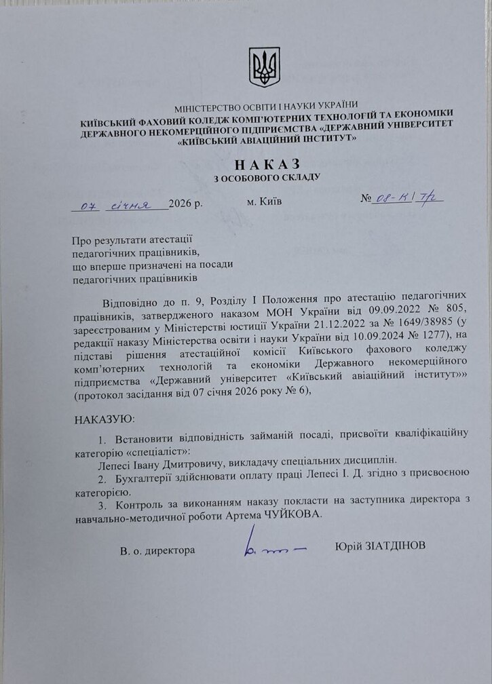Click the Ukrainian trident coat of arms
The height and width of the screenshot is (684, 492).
coord(264,67)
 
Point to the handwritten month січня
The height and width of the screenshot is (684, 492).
coord(136,205)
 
